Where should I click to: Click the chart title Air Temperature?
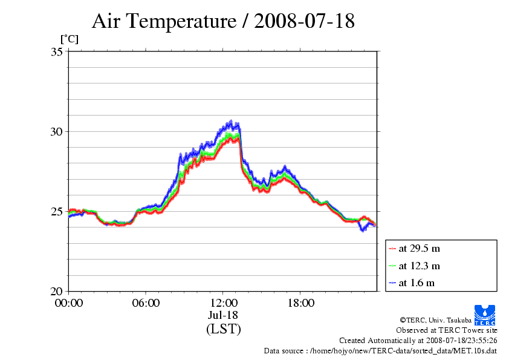[x=223, y=21]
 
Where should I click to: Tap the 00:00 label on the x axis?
[x=69, y=303]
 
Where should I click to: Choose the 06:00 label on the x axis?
[x=146, y=303]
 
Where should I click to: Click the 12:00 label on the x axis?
[x=223, y=303]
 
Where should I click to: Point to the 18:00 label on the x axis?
[x=300, y=303]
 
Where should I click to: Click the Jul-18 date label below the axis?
[x=223, y=315]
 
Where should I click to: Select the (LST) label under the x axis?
[x=223, y=329]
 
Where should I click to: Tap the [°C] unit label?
[x=69, y=39]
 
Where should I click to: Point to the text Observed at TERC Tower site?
[x=446, y=330]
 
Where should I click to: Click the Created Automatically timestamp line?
[x=418, y=341]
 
